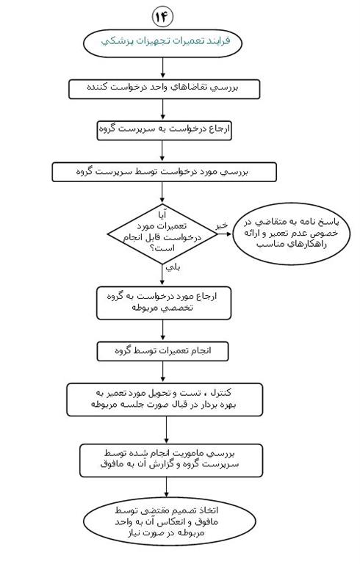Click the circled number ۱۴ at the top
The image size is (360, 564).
tap(162, 17)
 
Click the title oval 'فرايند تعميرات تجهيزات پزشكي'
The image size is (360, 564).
tap(162, 43)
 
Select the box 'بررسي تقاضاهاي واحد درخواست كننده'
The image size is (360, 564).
tap(164, 89)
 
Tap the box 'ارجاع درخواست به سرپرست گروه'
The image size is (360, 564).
tap(165, 130)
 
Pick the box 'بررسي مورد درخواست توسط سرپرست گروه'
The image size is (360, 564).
tap(164, 172)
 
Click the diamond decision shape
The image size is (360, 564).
tap(162, 234)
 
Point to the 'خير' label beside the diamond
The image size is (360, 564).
tap(222, 225)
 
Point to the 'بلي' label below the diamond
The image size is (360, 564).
tap(173, 267)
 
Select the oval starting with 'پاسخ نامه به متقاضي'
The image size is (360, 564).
tap(291, 234)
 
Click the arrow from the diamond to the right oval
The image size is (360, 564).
tap(225, 234)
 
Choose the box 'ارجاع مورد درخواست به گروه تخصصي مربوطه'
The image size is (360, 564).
tap(164, 303)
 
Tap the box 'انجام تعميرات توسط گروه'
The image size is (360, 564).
tap(162, 352)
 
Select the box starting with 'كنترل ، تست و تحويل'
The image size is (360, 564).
tap(165, 399)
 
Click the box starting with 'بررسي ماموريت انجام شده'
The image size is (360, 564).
tap(171, 460)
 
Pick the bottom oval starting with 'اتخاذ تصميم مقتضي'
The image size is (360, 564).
tap(170, 521)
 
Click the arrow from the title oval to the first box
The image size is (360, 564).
tap(162, 68)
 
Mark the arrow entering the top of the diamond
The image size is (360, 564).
tap(162, 192)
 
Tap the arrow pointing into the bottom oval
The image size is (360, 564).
tap(166, 488)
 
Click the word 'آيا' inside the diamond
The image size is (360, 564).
tap(162, 215)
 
